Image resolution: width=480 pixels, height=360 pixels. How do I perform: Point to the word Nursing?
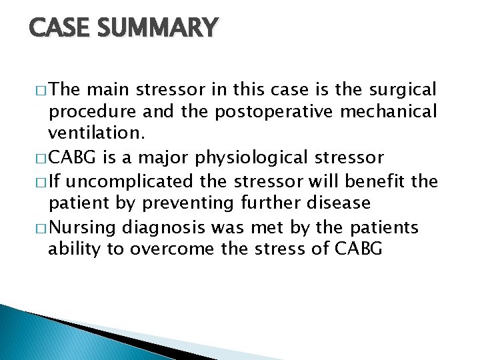(87, 229)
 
